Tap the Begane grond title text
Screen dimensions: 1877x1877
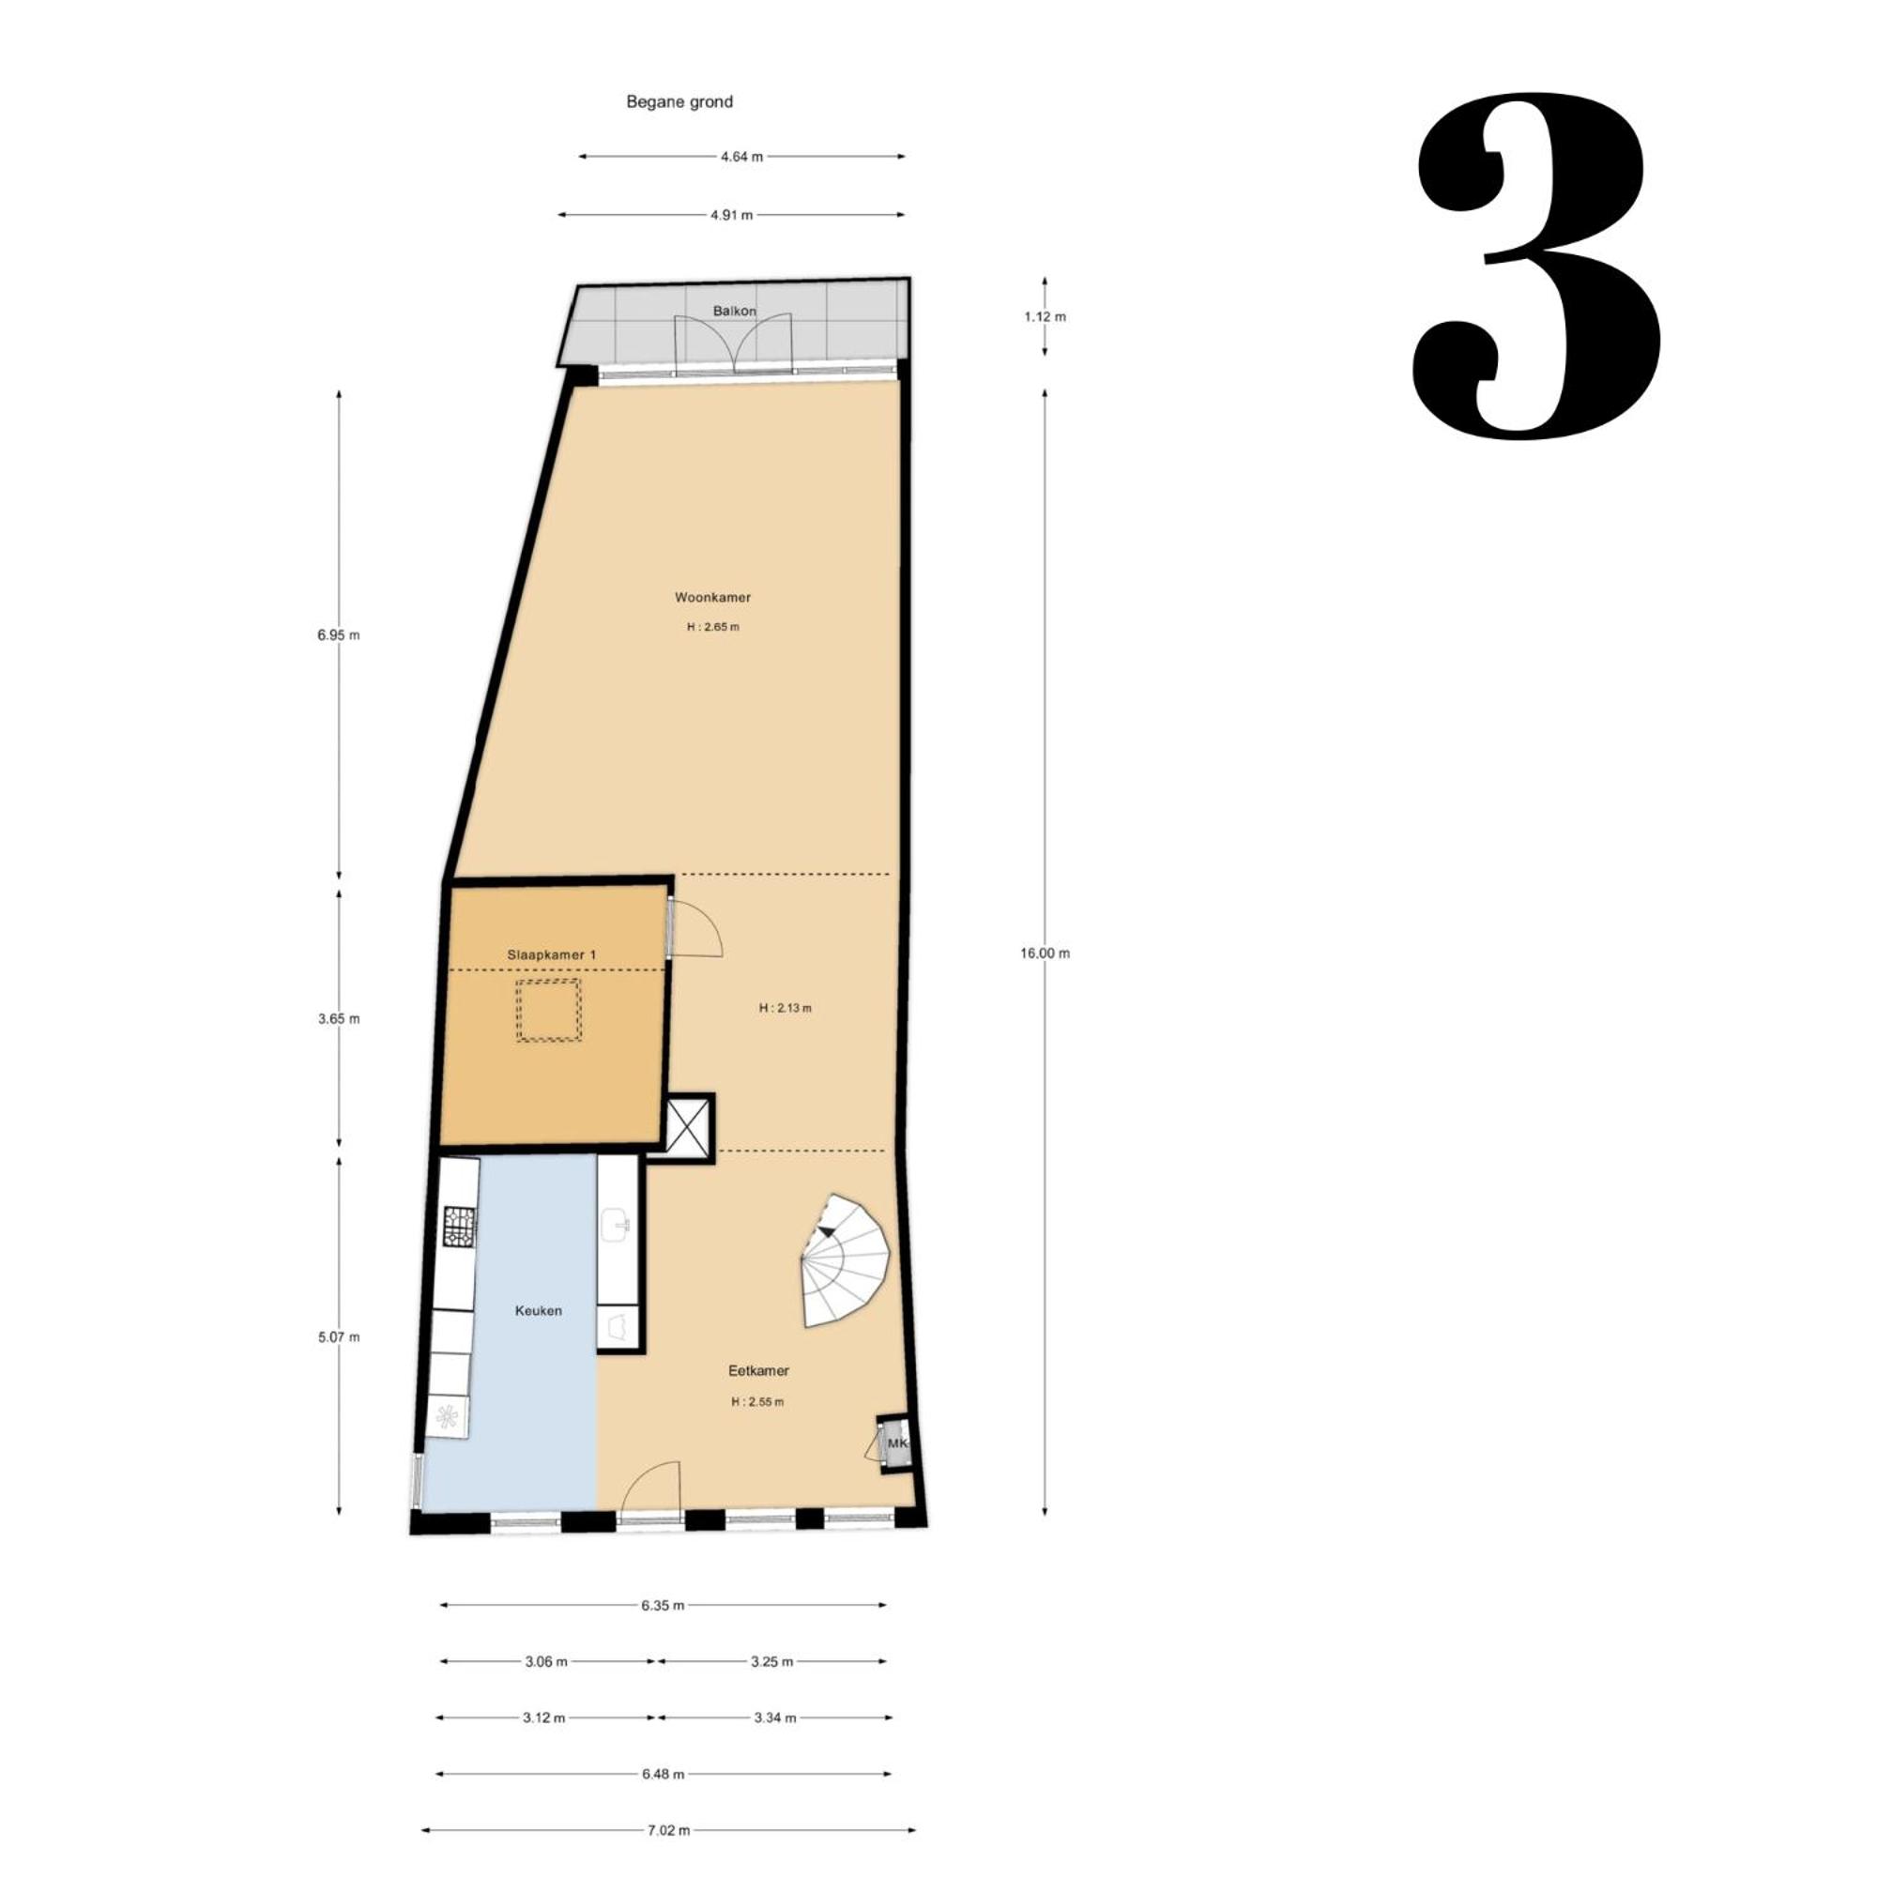pos(679,102)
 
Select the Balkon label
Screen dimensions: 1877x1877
pos(735,311)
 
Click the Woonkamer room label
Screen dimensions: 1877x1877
pos(713,598)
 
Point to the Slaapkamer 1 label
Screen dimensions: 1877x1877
pos(552,955)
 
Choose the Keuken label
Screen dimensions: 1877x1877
pos(538,1310)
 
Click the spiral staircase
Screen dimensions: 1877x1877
pos(845,1260)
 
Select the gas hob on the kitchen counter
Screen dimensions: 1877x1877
pos(460,1226)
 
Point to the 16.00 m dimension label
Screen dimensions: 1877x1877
pos(1045,954)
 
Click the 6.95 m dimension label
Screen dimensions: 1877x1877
pos(338,635)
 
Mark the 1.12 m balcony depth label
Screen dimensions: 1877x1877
pos(1045,316)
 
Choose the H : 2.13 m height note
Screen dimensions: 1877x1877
pos(785,1007)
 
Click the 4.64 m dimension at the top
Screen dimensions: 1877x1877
pos(741,157)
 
